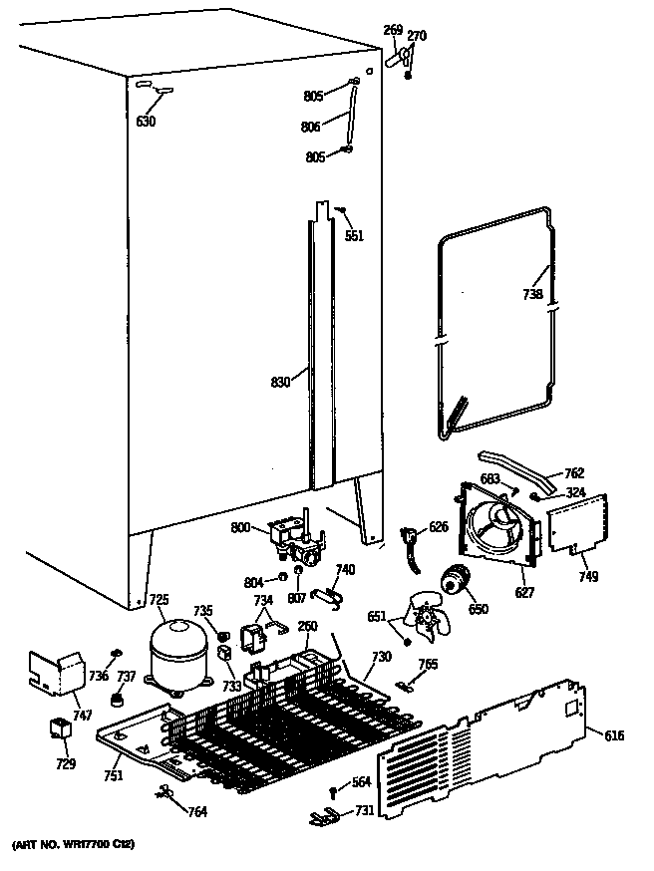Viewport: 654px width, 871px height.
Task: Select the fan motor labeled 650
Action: click(x=459, y=581)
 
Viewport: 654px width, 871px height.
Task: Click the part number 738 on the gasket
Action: click(x=532, y=294)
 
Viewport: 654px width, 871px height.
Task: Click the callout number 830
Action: click(x=281, y=380)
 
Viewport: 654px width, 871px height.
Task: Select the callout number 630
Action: click(x=147, y=123)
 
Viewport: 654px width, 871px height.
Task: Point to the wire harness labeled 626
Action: click(x=410, y=545)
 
